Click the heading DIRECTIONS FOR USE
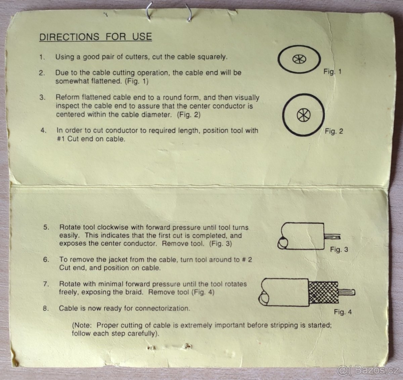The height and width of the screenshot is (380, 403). tap(96, 37)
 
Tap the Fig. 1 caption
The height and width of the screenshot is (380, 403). tap(332, 72)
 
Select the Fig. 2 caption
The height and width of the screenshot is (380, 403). tap(334, 131)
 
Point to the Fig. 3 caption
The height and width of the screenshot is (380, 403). tap(339, 249)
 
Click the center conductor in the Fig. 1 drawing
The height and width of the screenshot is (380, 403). tap(299, 59)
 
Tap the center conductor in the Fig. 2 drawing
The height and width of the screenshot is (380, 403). tap(304, 115)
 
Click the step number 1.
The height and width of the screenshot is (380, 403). tap(42, 57)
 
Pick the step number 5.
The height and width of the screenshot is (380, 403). tap(46, 227)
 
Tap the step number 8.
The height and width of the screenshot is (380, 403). tap(46, 308)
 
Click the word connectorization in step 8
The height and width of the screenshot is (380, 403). tap(163, 308)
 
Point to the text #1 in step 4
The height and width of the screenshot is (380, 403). tap(61, 139)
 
